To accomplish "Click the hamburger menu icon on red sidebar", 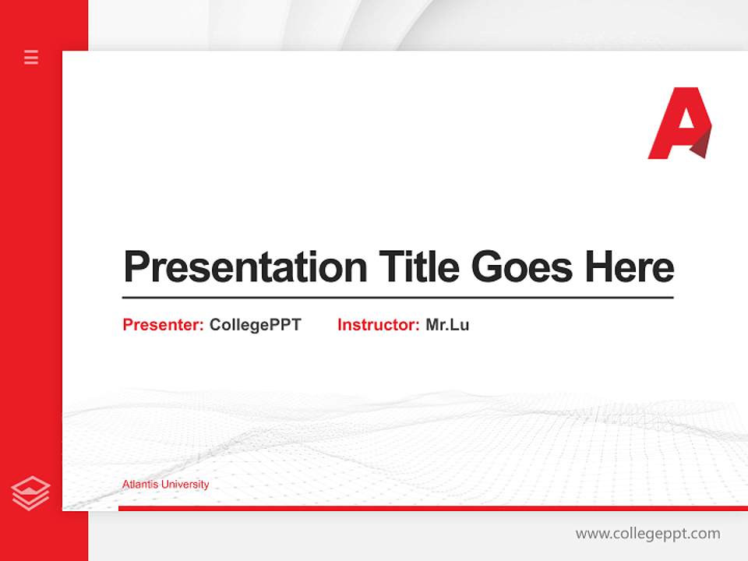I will (x=31, y=57).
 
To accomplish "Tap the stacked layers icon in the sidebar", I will (x=31, y=493).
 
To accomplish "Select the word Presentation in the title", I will (x=245, y=267).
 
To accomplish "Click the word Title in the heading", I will (x=419, y=267).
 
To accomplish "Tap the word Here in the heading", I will (x=629, y=267).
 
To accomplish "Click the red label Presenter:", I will (x=163, y=325).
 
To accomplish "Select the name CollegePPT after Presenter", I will (x=255, y=325).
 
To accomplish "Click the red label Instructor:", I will (x=378, y=325).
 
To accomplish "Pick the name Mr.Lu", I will (x=447, y=325).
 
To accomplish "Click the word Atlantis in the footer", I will (x=139, y=485).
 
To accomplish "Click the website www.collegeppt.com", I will (x=647, y=534).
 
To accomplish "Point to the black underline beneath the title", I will (x=397, y=297).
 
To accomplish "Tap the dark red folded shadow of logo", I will (x=702, y=145).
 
